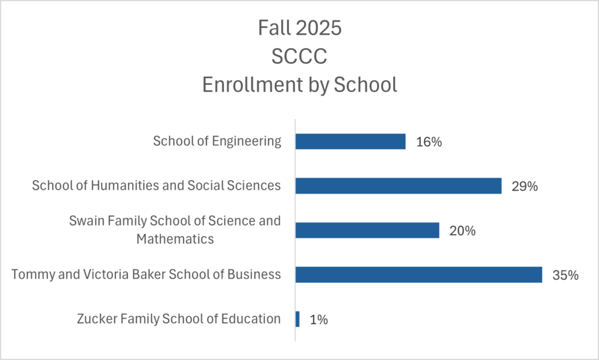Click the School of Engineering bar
click(350, 141)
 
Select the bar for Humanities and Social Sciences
click(398, 186)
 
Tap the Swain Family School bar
click(367, 230)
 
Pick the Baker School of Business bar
click(418, 275)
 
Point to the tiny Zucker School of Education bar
click(298, 319)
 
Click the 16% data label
click(429, 142)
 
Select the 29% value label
click(525, 186)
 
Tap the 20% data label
click(462, 231)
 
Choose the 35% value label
click(566, 275)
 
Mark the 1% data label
click(318, 320)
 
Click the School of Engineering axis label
click(217, 141)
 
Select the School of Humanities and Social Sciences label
click(156, 186)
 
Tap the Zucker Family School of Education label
click(178, 319)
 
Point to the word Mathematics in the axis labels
click(175, 239)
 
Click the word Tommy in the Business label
click(29, 275)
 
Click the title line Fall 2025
click(299, 28)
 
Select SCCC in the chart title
click(299, 56)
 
